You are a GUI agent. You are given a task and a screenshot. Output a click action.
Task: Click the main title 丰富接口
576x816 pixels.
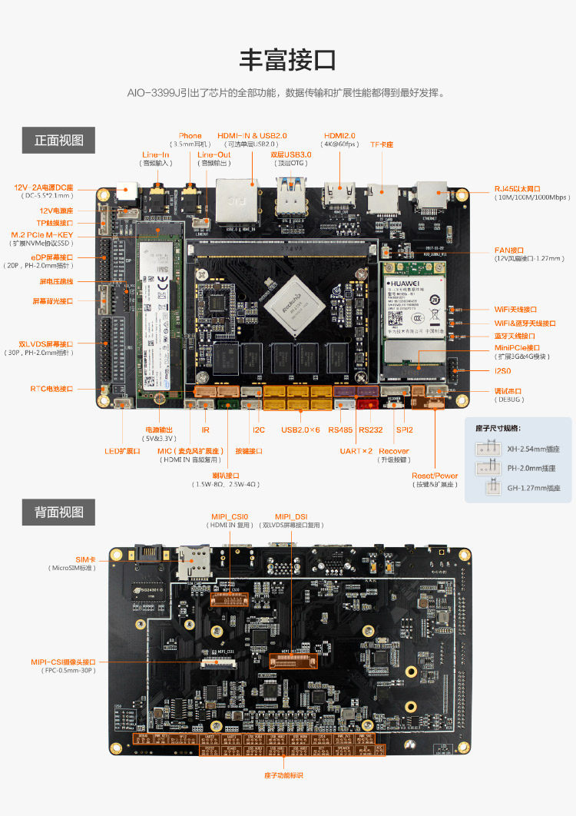click(x=288, y=59)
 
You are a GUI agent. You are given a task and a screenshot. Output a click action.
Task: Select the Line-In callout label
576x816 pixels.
click(x=156, y=154)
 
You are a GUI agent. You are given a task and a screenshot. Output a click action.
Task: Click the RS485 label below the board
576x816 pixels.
click(x=340, y=430)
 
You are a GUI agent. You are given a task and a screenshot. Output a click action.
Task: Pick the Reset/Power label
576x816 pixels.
click(x=434, y=476)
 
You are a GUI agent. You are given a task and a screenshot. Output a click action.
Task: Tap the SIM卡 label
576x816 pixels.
click(x=87, y=559)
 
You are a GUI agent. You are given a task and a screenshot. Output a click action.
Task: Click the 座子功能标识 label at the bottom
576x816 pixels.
click(x=283, y=775)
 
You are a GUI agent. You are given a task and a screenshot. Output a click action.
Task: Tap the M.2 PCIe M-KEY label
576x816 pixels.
click(x=42, y=234)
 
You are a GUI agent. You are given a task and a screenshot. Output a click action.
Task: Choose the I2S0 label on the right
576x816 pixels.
click(x=503, y=371)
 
